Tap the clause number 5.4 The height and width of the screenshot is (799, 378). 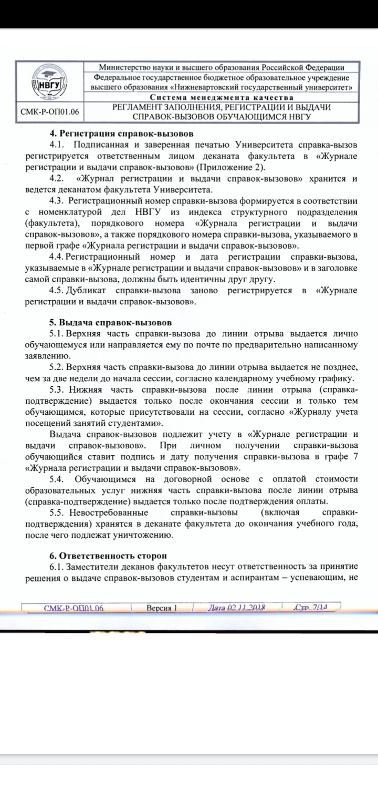coord(57,479)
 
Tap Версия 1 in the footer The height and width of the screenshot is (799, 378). coord(162,608)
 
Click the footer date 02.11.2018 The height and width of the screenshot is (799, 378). coord(236,608)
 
